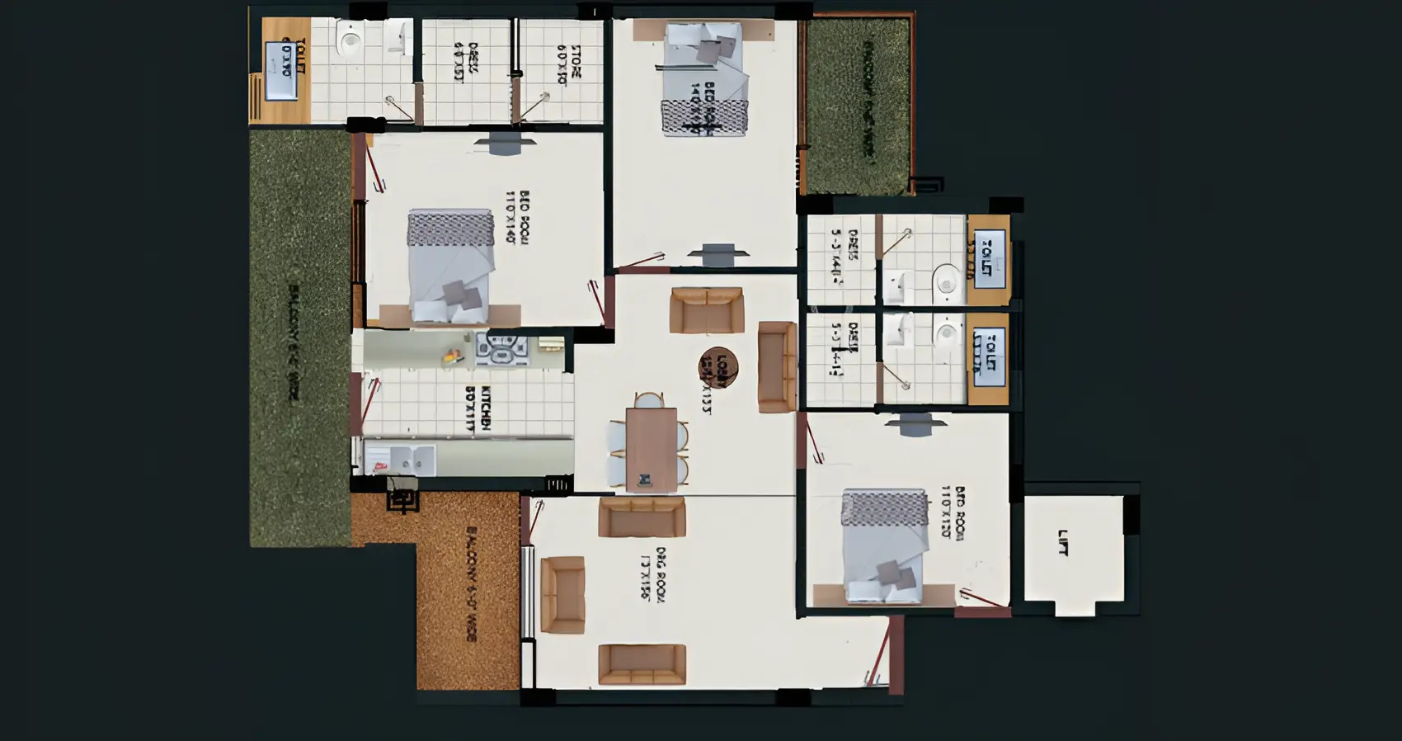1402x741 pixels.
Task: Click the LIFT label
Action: pos(1063,542)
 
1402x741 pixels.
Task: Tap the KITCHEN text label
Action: pos(478,408)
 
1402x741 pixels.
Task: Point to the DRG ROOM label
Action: pos(652,573)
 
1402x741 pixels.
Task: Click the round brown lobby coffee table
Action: pos(718,366)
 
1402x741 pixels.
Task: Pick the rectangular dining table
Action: pos(651,449)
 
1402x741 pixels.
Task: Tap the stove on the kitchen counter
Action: pos(502,349)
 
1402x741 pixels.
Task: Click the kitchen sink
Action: pos(401,460)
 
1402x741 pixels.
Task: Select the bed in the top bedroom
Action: pos(705,78)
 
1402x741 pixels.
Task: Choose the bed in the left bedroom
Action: pos(450,266)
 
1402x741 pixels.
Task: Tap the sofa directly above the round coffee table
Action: pos(707,309)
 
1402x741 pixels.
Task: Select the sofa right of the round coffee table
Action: pos(776,366)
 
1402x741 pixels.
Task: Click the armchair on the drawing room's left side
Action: pos(562,594)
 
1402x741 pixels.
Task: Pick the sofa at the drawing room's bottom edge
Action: pos(642,664)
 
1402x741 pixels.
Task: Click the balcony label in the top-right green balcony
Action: pos(866,99)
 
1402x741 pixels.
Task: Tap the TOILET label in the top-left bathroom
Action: pos(293,58)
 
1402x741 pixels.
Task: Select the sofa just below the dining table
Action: pos(642,517)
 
